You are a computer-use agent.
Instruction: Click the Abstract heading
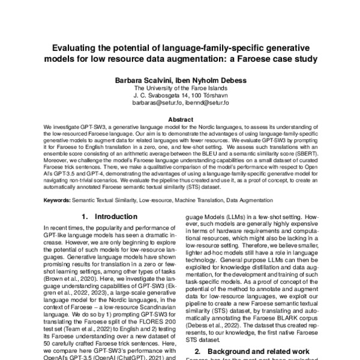(x=180, y=119)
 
